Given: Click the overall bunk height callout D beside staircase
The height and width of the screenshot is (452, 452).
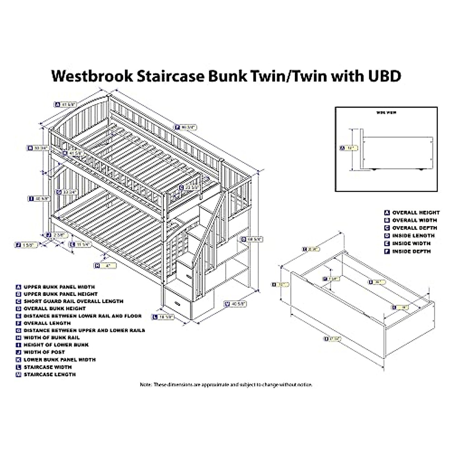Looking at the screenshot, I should point(252,239).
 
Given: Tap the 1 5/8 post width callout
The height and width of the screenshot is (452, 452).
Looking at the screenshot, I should point(26,245).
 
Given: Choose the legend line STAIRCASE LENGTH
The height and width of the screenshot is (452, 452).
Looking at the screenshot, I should point(49,374).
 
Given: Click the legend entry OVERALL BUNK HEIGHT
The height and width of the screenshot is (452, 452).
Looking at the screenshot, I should point(54,308).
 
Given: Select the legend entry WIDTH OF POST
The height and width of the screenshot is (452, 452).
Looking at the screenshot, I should point(44,352).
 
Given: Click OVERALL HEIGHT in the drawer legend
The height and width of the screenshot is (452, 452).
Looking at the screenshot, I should point(415,213).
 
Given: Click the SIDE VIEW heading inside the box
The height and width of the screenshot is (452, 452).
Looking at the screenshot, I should point(386,112).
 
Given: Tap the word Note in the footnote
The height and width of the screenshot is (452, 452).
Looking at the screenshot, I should point(145,385).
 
